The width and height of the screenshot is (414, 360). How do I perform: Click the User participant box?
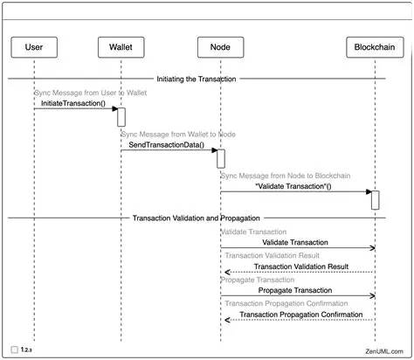(x=34, y=45)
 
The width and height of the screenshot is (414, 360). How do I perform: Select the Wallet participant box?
(x=121, y=45)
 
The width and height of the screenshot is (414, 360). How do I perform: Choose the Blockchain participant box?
(x=375, y=45)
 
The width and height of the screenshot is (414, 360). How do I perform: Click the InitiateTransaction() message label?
(x=72, y=103)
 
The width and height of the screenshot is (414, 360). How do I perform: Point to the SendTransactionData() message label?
(x=166, y=145)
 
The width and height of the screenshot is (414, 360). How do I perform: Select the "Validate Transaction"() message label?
(x=293, y=186)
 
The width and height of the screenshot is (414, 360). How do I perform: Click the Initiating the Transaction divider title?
(x=197, y=79)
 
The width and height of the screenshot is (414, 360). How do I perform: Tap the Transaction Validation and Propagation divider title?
(x=197, y=217)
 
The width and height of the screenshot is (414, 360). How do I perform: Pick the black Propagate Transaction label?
(x=294, y=289)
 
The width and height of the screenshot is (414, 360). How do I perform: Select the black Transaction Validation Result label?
(x=300, y=266)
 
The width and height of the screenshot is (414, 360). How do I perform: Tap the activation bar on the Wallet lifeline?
(x=121, y=116)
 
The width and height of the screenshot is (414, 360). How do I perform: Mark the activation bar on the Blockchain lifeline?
(x=375, y=199)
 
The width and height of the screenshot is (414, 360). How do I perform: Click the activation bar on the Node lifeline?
(x=221, y=158)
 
